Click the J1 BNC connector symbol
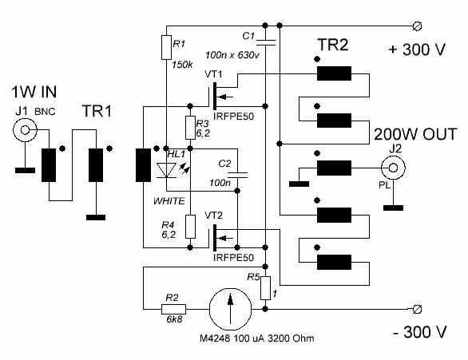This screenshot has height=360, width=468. point(25,130)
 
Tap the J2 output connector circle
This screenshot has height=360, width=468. point(393,168)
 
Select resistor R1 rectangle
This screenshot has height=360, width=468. point(166,47)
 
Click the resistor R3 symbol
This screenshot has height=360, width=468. point(190,128)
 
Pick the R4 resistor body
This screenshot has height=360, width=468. point(190,227)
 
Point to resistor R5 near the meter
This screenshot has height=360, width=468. point(265,288)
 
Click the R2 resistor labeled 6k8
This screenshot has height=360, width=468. point(173,309)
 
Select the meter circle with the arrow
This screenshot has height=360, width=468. point(230,309)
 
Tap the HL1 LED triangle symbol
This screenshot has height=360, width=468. point(166,170)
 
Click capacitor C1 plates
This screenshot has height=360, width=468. point(265,42)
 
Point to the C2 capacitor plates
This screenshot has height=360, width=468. point(237,176)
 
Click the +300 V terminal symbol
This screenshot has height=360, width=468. point(417,26)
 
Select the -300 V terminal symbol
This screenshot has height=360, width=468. point(417,309)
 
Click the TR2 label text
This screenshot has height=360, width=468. point(333,45)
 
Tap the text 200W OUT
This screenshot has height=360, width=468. point(415,135)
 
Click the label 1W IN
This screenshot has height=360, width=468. point(34,92)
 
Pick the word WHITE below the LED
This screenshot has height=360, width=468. point(169,201)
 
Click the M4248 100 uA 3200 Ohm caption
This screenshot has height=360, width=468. point(257,338)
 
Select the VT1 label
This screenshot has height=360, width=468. point(213,74)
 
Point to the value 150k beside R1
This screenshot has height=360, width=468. point(182,65)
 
